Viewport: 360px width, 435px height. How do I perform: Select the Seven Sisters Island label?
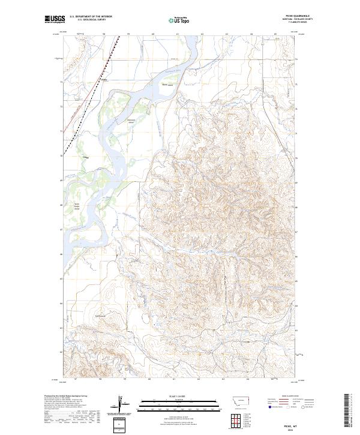[77, 206]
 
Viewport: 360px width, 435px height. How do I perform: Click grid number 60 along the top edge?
[154, 34]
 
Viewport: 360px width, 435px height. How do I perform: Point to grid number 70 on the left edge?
[62, 156]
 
